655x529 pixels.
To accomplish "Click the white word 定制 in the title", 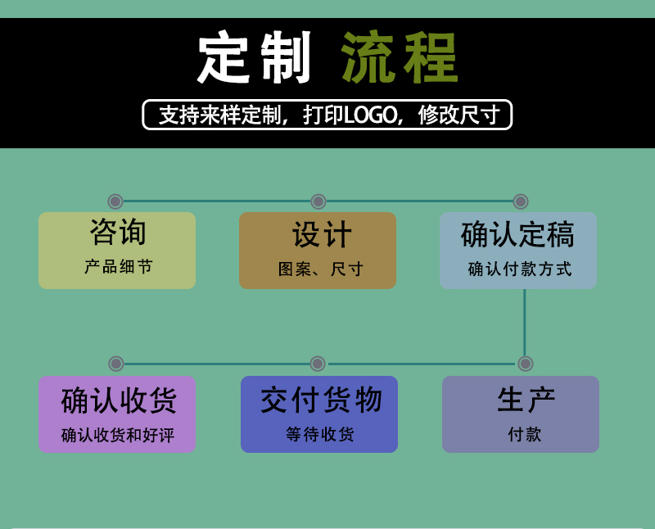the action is point(254,57).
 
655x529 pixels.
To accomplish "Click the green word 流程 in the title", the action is point(400,57).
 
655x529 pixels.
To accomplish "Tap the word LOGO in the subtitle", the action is point(370,115).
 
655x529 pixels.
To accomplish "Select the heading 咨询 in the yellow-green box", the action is point(118,232).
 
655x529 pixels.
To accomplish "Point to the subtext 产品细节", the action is point(118,267).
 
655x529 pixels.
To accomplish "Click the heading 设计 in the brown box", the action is point(322,234).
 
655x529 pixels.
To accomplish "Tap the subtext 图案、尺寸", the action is point(321,269).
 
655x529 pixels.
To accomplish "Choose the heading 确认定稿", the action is point(517,234).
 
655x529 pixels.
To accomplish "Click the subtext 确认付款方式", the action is point(520,269).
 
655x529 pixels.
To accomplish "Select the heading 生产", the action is point(526,400).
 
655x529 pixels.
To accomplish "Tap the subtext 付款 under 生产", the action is point(525,434).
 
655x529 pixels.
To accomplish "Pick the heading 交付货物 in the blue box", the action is point(321,400).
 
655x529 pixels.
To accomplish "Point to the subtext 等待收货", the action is point(320,434).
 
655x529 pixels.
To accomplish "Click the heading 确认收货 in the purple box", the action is point(119,400).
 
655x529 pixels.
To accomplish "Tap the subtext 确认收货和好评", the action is point(118,435).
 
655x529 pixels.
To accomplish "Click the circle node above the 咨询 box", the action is point(115,201).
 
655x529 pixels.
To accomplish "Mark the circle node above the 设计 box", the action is point(318,201).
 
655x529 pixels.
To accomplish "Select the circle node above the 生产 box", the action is point(525,364).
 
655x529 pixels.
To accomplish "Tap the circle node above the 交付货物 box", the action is point(318,364).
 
